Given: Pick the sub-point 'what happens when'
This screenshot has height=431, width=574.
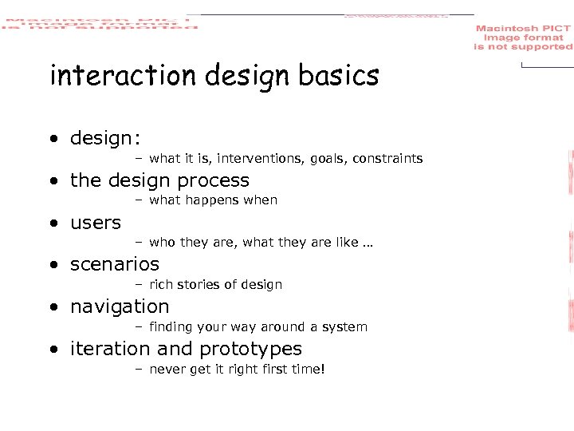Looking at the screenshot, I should [x=213, y=200].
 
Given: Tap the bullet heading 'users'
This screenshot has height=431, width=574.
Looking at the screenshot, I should [x=96, y=223].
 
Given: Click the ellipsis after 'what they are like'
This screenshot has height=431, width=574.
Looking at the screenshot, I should [x=368, y=243].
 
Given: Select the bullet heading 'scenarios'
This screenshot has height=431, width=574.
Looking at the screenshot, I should [x=115, y=264].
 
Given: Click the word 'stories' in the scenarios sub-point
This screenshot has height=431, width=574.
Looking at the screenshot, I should [x=202, y=285].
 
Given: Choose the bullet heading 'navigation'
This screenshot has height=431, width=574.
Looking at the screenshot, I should [x=120, y=307].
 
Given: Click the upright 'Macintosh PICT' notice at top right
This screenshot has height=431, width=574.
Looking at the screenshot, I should [x=523, y=38].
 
